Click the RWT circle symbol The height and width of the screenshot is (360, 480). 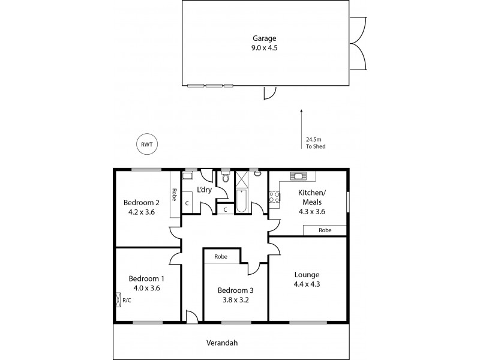click(x=145, y=144)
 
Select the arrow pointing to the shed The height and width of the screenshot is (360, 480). click(x=301, y=123)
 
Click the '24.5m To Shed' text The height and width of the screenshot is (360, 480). click(x=316, y=142)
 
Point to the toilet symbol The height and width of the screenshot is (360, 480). click(x=225, y=177)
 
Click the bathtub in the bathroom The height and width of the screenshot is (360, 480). click(x=241, y=202)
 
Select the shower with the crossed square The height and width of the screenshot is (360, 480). click(x=242, y=179)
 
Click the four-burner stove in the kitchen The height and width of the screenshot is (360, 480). click(x=274, y=196)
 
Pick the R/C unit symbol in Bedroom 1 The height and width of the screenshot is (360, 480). click(x=118, y=299)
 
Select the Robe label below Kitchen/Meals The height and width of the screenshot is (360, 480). click(x=325, y=230)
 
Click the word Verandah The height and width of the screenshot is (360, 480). click(x=231, y=343)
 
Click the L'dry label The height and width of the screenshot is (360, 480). click(x=205, y=190)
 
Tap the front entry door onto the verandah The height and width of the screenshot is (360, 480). click(x=191, y=317)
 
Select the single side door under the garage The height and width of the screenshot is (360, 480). click(x=269, y=92)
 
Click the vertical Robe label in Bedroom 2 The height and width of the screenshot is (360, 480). click(x=174, y=194)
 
